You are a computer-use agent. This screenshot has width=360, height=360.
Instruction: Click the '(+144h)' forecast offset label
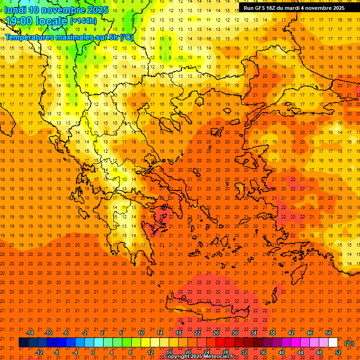pyautogui.click(x=83, y=21)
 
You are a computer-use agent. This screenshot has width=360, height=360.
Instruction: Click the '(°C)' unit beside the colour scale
pyautogui.click(x=349, y=343)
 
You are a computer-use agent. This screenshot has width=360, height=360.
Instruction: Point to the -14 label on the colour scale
pyautogui.click(x=30, y=332)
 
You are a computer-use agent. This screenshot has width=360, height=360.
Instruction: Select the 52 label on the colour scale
pyautogui.click(x=338, y=352)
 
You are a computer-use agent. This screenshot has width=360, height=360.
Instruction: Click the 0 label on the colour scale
pyautogui.click(x=93, y=352)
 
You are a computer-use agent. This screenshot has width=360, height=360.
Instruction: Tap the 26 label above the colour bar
pyautogui.click(x=216, y=332)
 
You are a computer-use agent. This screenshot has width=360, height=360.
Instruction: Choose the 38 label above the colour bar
pyautogui.click(x=272, y=332)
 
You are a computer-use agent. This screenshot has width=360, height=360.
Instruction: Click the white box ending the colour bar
pyautogui.click(x=333, y=343)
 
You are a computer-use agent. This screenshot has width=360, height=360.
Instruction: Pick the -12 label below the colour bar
pyautogui.click(x=39, y=352)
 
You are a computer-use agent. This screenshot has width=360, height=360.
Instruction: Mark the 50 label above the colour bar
pyautogui.click(x=328, y=332)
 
